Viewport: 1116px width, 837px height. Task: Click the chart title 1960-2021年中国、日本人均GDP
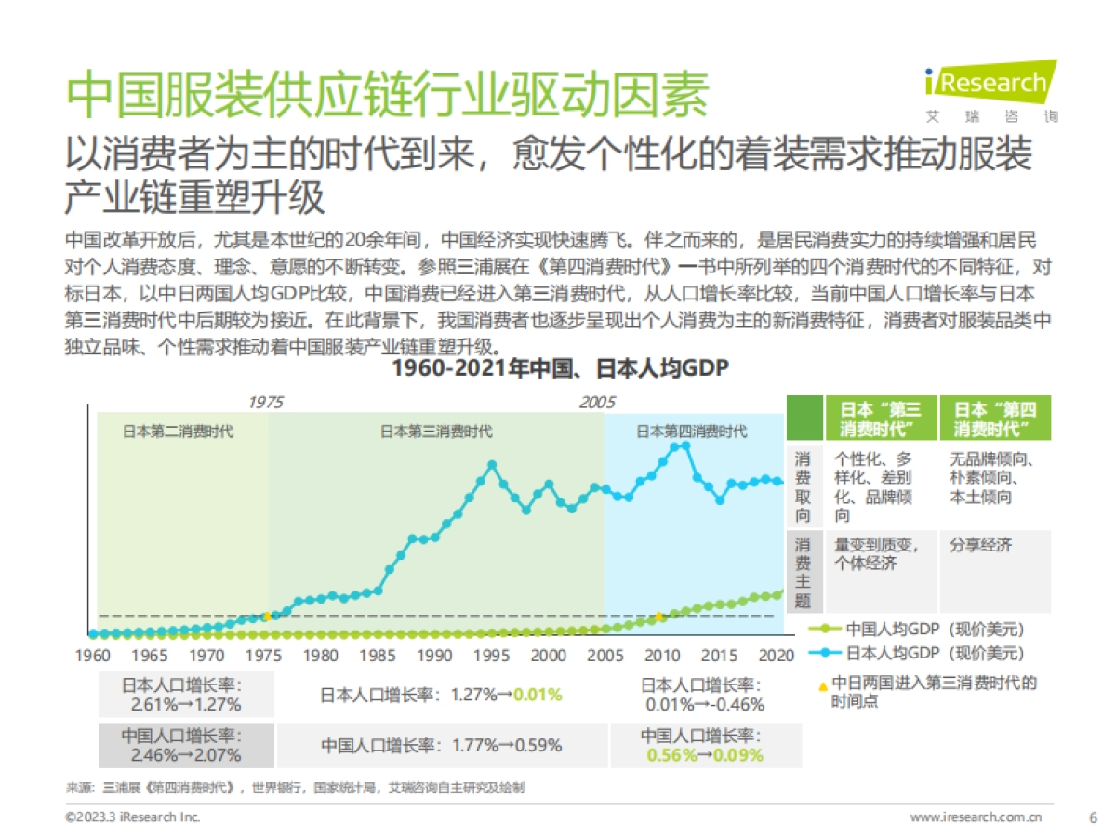pos(559,368)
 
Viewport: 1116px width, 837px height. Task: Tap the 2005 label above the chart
pos(597,403)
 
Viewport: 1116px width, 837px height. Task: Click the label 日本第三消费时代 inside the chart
pos(436,432)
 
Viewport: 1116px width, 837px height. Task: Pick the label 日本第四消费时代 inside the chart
pos(691,432)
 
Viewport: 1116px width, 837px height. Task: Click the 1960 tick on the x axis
pos(93,656)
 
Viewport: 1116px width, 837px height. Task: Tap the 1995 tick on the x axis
pos(492,656)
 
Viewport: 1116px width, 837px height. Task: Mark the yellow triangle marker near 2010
pos(659,616)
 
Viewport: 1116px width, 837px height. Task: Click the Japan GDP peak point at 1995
pos(492,464)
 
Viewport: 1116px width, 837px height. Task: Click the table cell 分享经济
pos(981,545)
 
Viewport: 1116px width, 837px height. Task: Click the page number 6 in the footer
pos(1093,817)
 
